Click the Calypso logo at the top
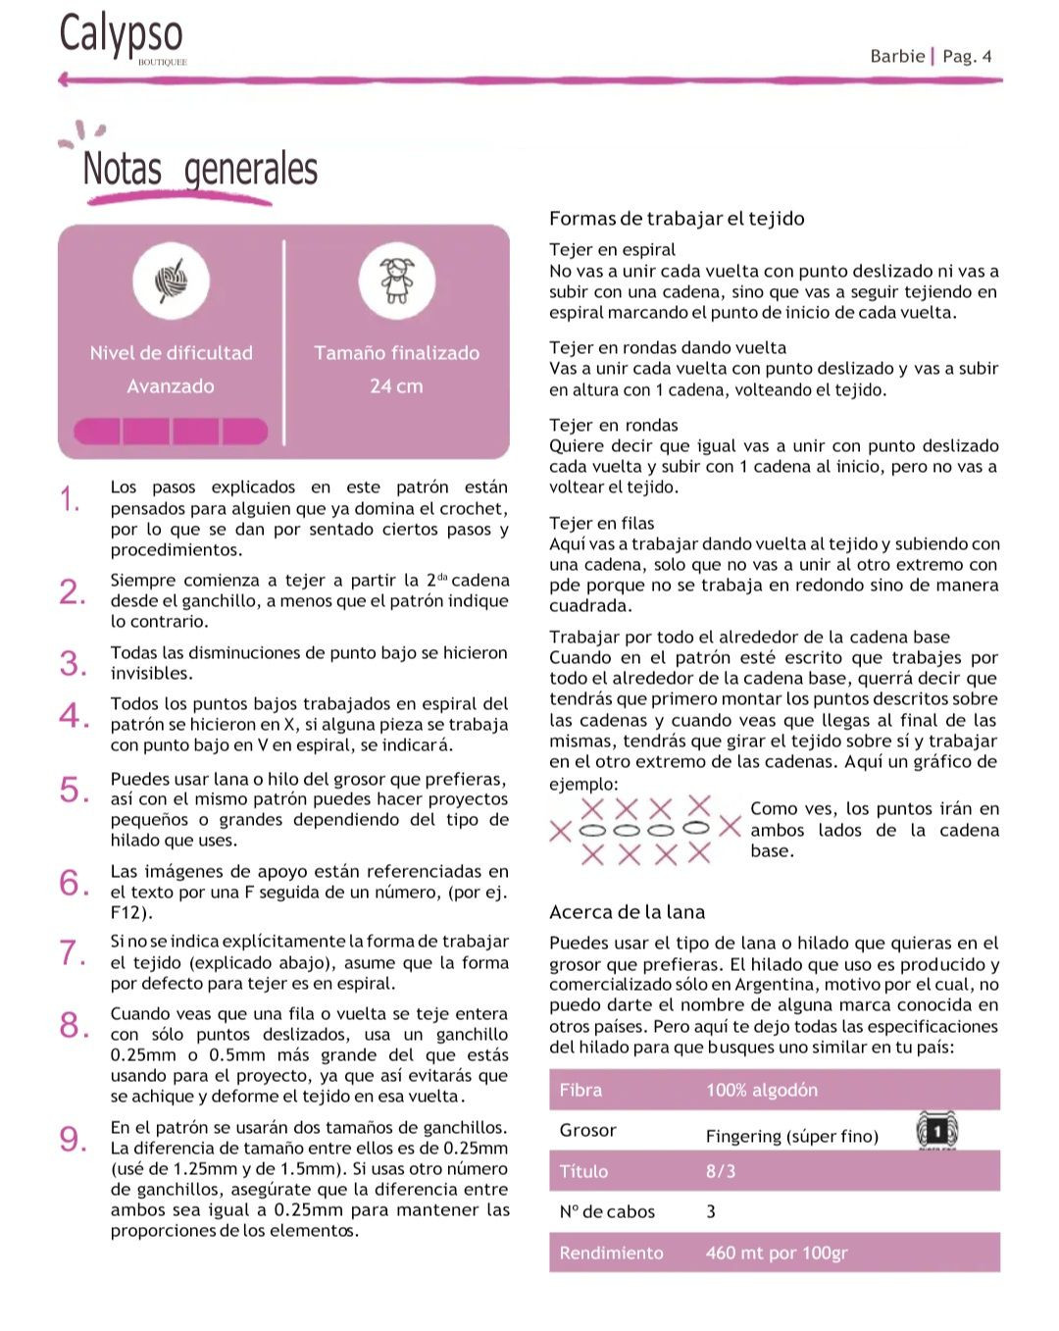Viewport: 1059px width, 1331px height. [x=121, y=35]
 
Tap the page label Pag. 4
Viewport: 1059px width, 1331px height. [x=967, y=56]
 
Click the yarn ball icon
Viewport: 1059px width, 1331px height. [x=172, y=282]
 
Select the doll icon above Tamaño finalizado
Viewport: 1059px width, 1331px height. [x=396, y=282]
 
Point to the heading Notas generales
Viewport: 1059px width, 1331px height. [x=200, y=169]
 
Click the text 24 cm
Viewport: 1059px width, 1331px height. [x=396, y=386]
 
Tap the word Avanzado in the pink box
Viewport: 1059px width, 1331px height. [x=171, y=386]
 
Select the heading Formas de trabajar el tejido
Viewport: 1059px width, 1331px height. [x=677, y=219]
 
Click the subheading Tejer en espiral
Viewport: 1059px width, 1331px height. [x=612, y=249]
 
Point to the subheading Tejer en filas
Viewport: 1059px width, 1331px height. [x=601, y=523]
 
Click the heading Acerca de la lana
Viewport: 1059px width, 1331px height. [x=627, y=912]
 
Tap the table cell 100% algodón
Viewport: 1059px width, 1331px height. [x=761, y=1090]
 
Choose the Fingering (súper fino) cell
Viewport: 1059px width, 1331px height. [x=791, y=1136]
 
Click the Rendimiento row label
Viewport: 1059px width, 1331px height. [x=611, y=1253]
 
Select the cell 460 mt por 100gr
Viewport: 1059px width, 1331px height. [x=776, y=1253]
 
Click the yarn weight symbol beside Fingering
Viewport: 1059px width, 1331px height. [x=936, y=1131]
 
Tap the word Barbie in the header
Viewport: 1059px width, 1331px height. [x=897, y=56]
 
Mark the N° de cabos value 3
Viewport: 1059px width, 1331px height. [x=711, y=1211]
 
